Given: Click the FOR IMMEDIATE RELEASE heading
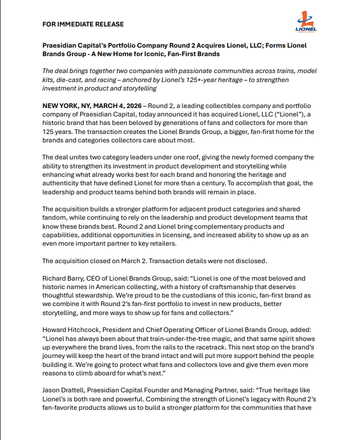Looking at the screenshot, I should (x=83, y=24).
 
